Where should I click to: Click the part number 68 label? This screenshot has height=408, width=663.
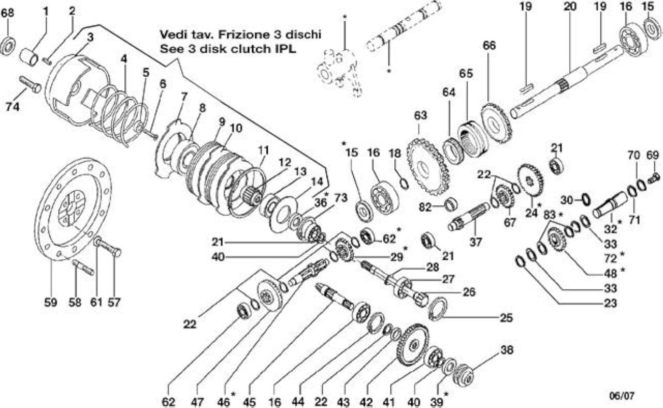(8, 13)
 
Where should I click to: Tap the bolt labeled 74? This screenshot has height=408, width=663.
(30, 85)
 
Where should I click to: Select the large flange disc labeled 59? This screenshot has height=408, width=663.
(73, 209)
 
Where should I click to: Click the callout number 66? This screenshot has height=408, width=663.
(489, 46)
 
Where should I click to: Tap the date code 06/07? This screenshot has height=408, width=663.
(622, 395)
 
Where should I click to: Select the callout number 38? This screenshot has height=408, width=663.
(507, 350)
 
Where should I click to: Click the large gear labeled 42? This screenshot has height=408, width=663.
(412, 345)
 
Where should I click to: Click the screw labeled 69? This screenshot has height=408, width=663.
(654, 177)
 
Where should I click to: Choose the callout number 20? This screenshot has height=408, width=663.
(570, 6)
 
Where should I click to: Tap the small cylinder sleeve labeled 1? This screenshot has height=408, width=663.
(28, 57)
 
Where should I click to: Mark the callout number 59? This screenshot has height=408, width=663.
(51, 303)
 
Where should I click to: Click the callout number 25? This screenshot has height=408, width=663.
(507, 318)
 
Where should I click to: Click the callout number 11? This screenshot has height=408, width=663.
(263, 150)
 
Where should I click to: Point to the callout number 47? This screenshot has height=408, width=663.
(197, 402)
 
